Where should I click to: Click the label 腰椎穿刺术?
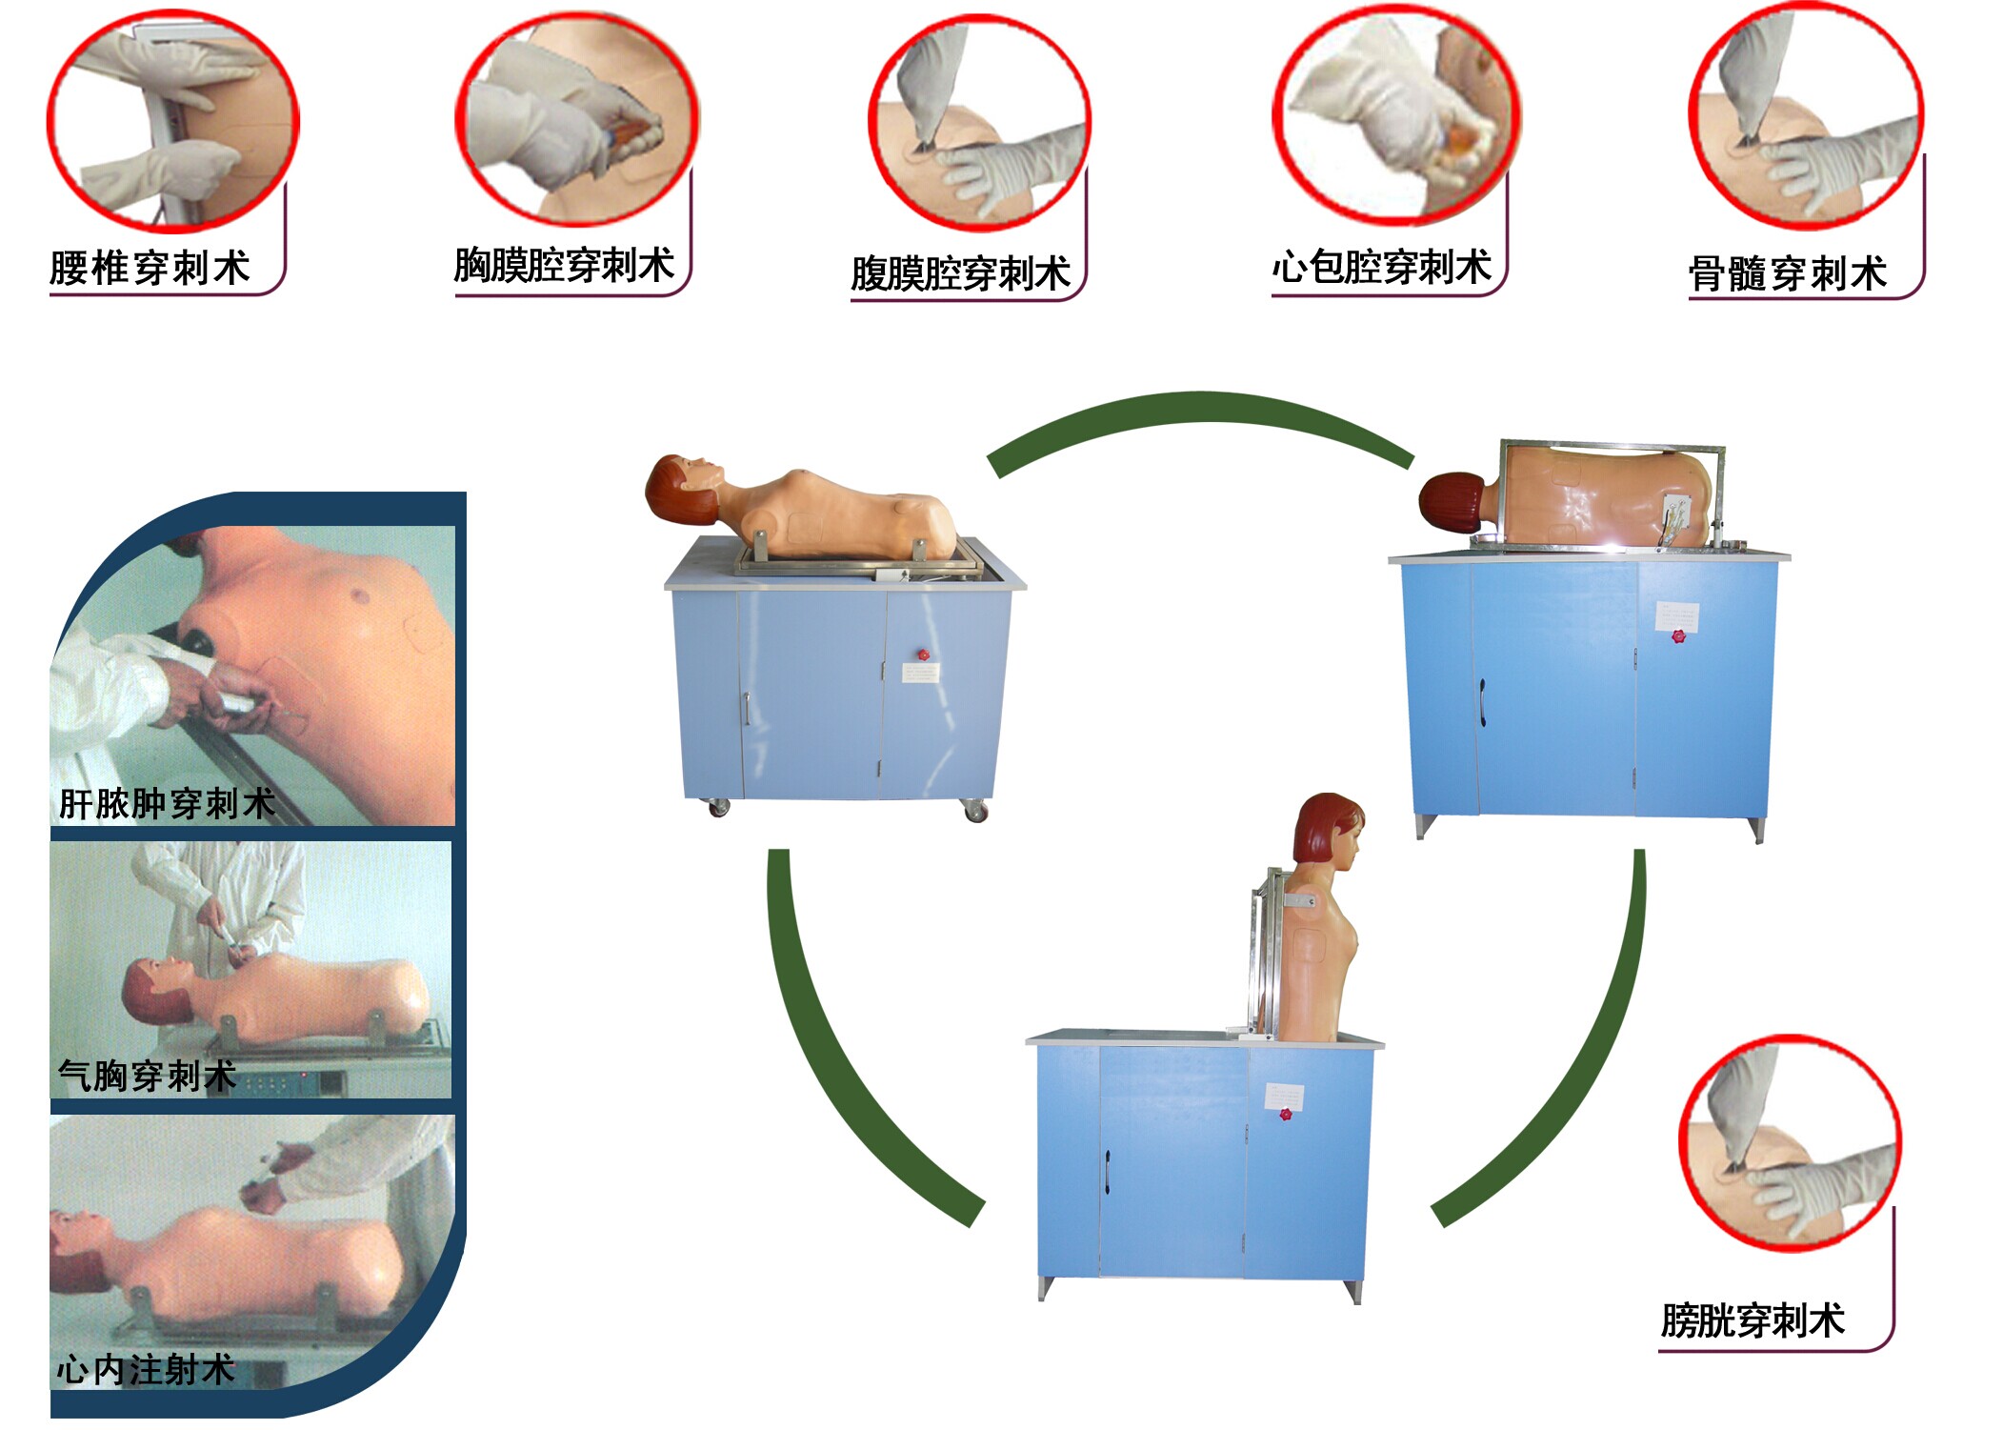pyautogui.click(x=150, y=268)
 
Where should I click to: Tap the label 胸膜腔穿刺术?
pyautogui.click(x=564, y=265)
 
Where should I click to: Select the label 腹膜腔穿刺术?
pyautogui.click(x=960, y=273)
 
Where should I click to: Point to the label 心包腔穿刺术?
pyautogui.click(x=1381, y=267)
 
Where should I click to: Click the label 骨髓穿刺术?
pyautogui.click(x=1787, y=273)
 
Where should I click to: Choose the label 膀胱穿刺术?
pyautogui.click(x=1752, y=1320)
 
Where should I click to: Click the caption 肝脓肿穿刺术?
pyautogui.click(x=167, y=803)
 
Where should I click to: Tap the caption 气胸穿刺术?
pyautogui.click(x=147, y=1076)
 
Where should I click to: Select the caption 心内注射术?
pyautogui.click(x=145, y=1370)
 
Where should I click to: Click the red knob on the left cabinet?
pyautogui.click(x=922, y=655)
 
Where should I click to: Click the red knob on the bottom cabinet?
pyautogui.click(x=1285, y=1114)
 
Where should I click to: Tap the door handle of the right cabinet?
pyautogui.click(x=1482, y=702)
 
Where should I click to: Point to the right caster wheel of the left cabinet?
pyautogui.click(x=975, y=812)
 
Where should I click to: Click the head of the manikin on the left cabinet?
pyautogui.click(x=681, y=488)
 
